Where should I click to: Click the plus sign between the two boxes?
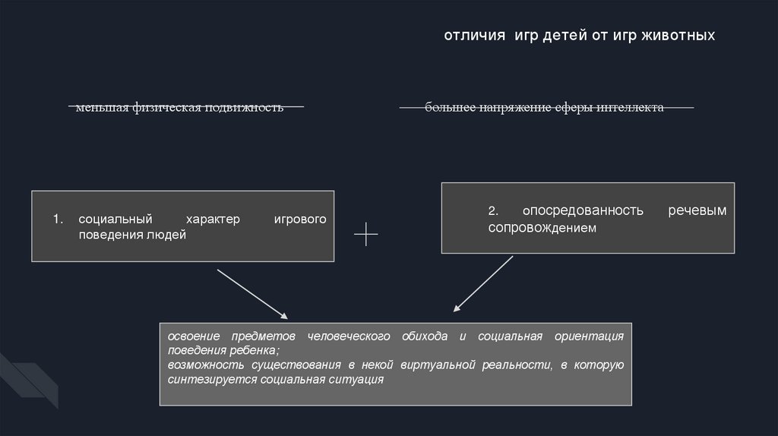(x=366, y=235)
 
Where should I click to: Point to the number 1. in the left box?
(x=58, y=220)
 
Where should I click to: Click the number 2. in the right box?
(x=494, y=210)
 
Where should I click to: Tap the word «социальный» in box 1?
(x=111, y=220)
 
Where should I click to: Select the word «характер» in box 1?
(x=213, y=220)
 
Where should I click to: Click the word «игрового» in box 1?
(x=300, y=220)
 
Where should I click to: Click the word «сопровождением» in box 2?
(x=537, y=227)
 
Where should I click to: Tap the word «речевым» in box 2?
(x=697, y=210)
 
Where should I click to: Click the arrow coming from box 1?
(x=252, y=293)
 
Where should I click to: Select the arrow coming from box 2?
(x=483, y=283)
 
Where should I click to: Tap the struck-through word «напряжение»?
(x=504, y=108)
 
